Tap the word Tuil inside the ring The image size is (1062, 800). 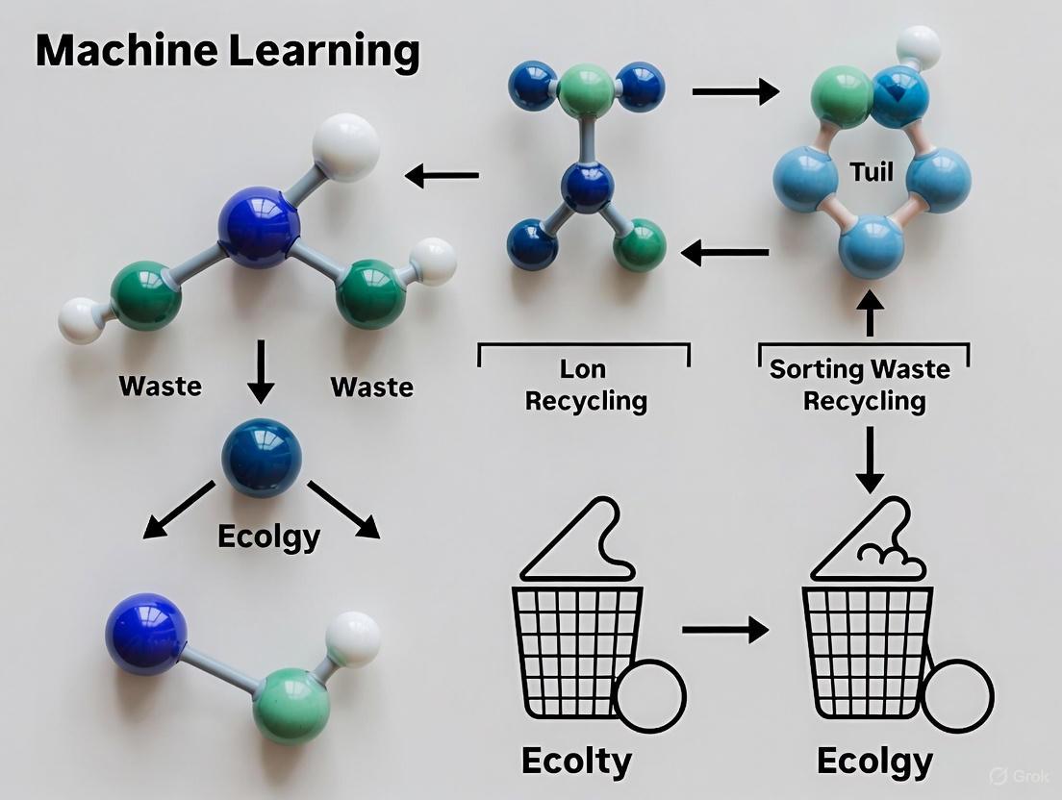coord(872,173)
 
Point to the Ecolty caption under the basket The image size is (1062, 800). coord(576,761)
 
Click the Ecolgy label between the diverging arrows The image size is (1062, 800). coord(268,535)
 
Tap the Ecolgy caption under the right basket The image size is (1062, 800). coord(874,761)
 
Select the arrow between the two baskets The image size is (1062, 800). coord(724,631)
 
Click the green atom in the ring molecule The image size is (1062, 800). coord(841,97)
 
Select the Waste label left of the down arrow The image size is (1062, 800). coord(161,387)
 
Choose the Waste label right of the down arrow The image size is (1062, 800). coord(372,387)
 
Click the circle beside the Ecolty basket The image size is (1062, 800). coord(650,694)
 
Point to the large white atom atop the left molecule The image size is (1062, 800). coord(346,146)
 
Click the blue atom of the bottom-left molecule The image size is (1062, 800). coord(145,632)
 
